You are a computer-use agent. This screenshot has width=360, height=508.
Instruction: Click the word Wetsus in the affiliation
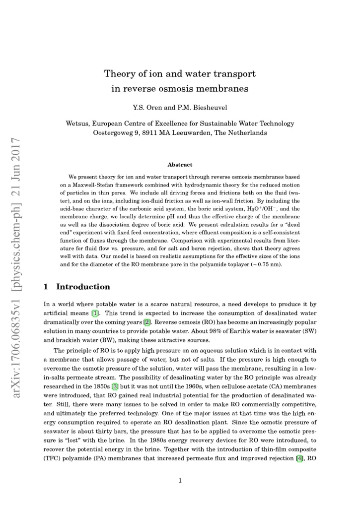[x=78, y=124]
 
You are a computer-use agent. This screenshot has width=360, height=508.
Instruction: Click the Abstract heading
[x=180, y=164]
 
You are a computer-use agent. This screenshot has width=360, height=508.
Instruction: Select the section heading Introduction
[x=83, y=287]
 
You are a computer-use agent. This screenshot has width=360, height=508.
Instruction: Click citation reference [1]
[x=94, y=313]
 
